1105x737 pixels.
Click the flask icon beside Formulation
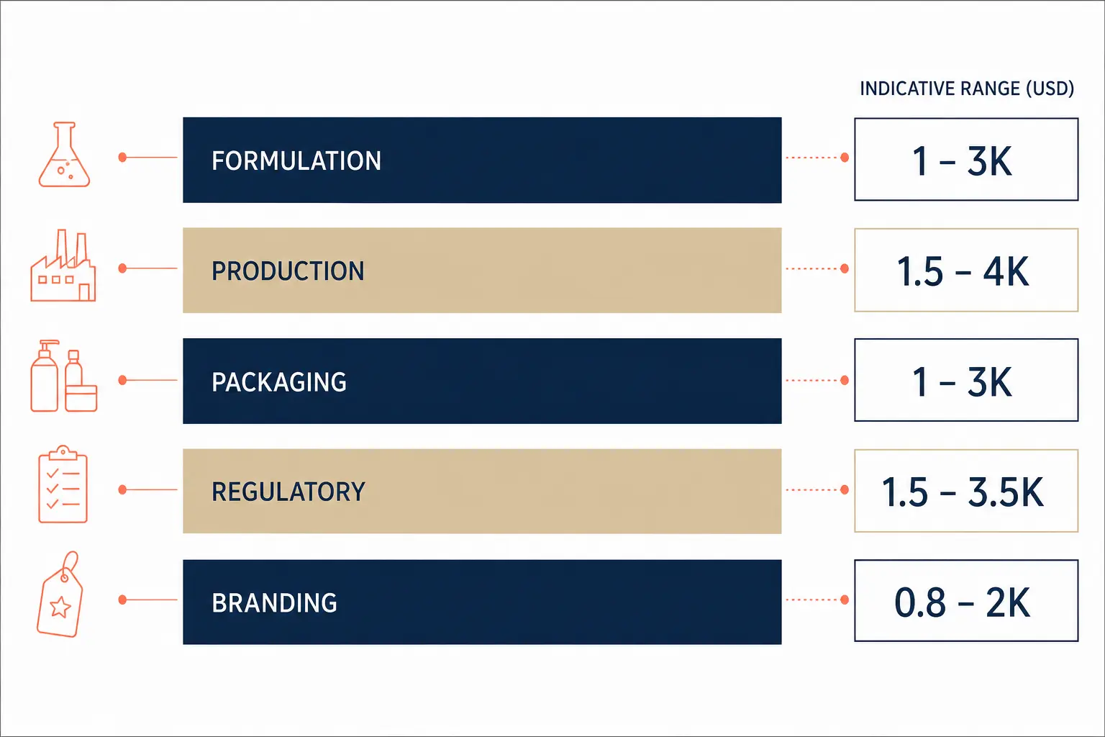(x=64, y=155)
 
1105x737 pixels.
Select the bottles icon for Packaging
(x=63, y=376)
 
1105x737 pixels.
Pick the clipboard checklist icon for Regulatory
(x=63, y=484)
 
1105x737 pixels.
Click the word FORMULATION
(x=296, y=161)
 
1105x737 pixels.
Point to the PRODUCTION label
(x=288, y=271)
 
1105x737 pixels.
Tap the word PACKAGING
(x=279, y=382)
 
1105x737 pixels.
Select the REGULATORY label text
(x=288, y=492)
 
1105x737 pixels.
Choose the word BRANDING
(x=274, y=602)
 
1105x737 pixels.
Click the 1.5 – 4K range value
(x=963, y=271)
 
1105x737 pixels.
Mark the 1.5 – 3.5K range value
(x=963, y=492)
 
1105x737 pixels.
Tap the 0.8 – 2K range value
(x=962, y=602)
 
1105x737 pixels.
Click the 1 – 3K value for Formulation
(x=963, y=161)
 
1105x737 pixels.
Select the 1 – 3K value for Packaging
(x=963, y=381)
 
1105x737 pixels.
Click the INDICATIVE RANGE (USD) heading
(x=967, y=89)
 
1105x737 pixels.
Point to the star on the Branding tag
(x=60, y=607)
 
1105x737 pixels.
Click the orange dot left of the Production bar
(x=123, y=268)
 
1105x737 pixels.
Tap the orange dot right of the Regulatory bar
(x=845, y=489)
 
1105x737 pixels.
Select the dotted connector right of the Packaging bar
(x=812, y=380)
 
